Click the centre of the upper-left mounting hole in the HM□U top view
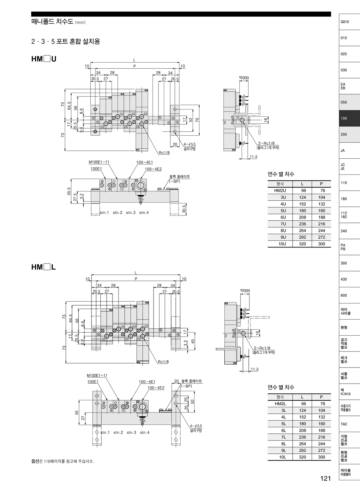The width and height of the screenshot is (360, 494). point(95,109)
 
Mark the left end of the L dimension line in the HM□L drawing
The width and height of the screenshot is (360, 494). point(91,275)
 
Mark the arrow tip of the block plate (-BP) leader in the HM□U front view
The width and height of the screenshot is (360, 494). point(164,189)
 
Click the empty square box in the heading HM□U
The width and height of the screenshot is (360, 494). point(47,59)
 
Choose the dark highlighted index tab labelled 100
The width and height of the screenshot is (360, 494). point(349,118)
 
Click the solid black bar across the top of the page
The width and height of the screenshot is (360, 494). point(181,14)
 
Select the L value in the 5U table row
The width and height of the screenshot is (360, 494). point(303,211)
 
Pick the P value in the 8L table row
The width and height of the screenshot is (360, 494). point(322,444)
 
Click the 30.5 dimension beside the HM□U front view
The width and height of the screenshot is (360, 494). point(184,209)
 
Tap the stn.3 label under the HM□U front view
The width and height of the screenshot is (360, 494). point(131,212)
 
